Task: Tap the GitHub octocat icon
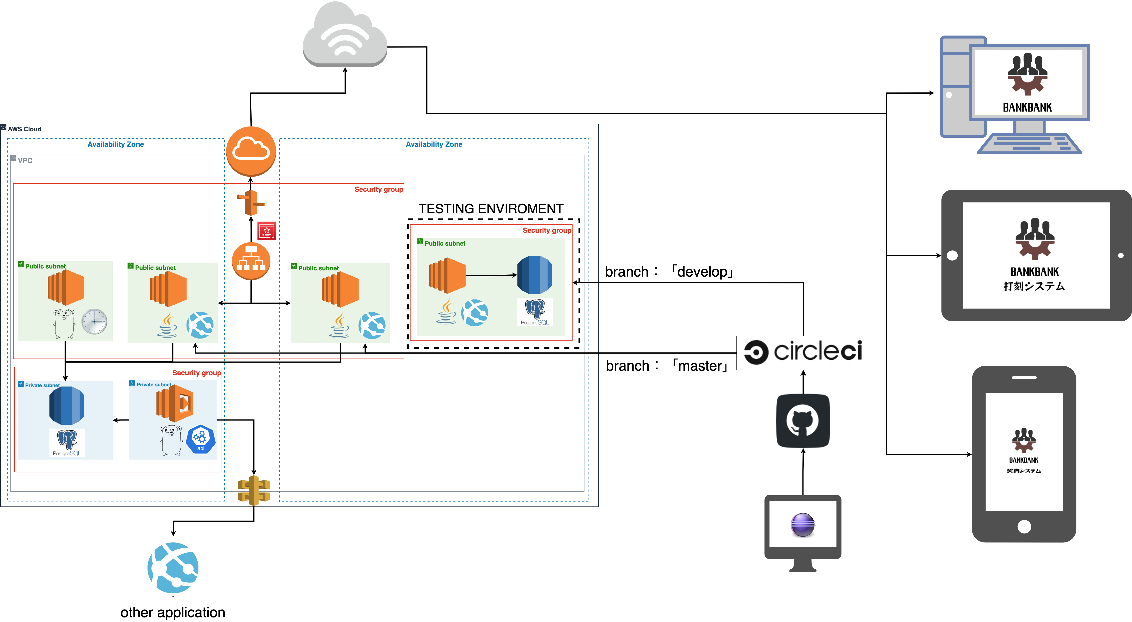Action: tap(803, 421)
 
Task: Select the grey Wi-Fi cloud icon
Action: tap(345, 35)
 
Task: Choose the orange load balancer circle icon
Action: tap(251, 261)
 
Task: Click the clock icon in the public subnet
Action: tap(94, 322)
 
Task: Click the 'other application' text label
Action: tap(173, 612)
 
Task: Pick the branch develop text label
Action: tap(669, 272)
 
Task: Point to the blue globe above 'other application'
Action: tap(173, 568)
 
